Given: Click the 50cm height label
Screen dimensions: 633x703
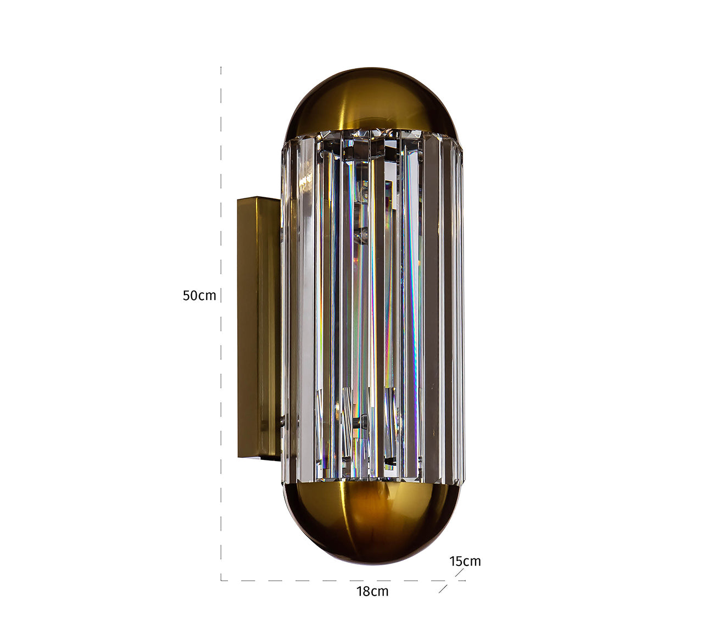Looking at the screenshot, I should coord(199,296).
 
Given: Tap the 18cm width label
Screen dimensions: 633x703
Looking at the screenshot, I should coord(372,591).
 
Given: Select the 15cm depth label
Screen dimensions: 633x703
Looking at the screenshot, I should coord(465,561).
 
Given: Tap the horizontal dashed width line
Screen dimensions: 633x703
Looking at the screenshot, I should coord(330,580).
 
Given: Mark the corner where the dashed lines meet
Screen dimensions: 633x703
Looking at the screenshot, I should coord(221,580).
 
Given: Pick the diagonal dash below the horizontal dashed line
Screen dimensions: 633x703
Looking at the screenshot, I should coord(443,588).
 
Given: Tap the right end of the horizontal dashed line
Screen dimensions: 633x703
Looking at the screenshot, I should coord(464,580).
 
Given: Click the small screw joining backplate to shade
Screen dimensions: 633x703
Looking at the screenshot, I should coord(282,422).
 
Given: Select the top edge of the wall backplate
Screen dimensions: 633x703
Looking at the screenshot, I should coord(258,199).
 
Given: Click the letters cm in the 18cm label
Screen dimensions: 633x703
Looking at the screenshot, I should coord(380,592).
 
